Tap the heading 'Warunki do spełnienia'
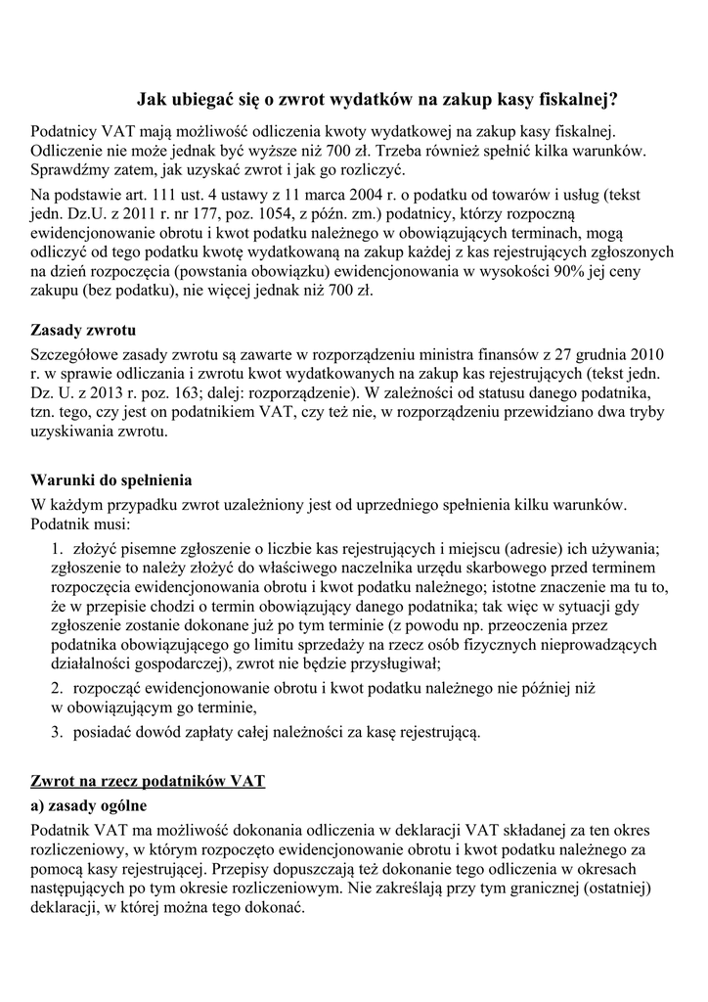click(111, 480)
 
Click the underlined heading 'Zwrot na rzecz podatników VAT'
click(149, 782)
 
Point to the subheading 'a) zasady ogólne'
click(89, 805)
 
